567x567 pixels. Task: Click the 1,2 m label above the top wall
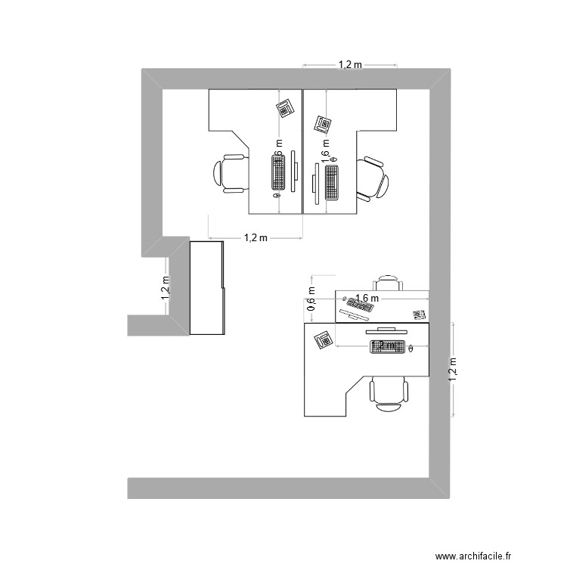(x=350, y=66)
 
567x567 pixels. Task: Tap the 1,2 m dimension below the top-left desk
(x=256, y=238)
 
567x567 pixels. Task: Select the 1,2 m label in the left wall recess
(x=166, y=288)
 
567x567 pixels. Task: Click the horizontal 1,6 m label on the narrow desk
(x=366, y=299)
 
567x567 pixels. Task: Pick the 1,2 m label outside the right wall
(x=454, y=370)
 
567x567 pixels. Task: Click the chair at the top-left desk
(x=231, y=173)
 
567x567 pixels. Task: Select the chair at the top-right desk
(x=373, y=180)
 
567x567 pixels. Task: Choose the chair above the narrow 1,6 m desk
(x=389, y=283)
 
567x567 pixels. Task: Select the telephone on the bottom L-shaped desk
(x=324, y=340)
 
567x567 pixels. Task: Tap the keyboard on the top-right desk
(x=332, y=182)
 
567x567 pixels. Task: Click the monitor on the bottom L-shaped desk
(x=388, y=330)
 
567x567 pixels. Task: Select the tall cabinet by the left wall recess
(x=207, y=287)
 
